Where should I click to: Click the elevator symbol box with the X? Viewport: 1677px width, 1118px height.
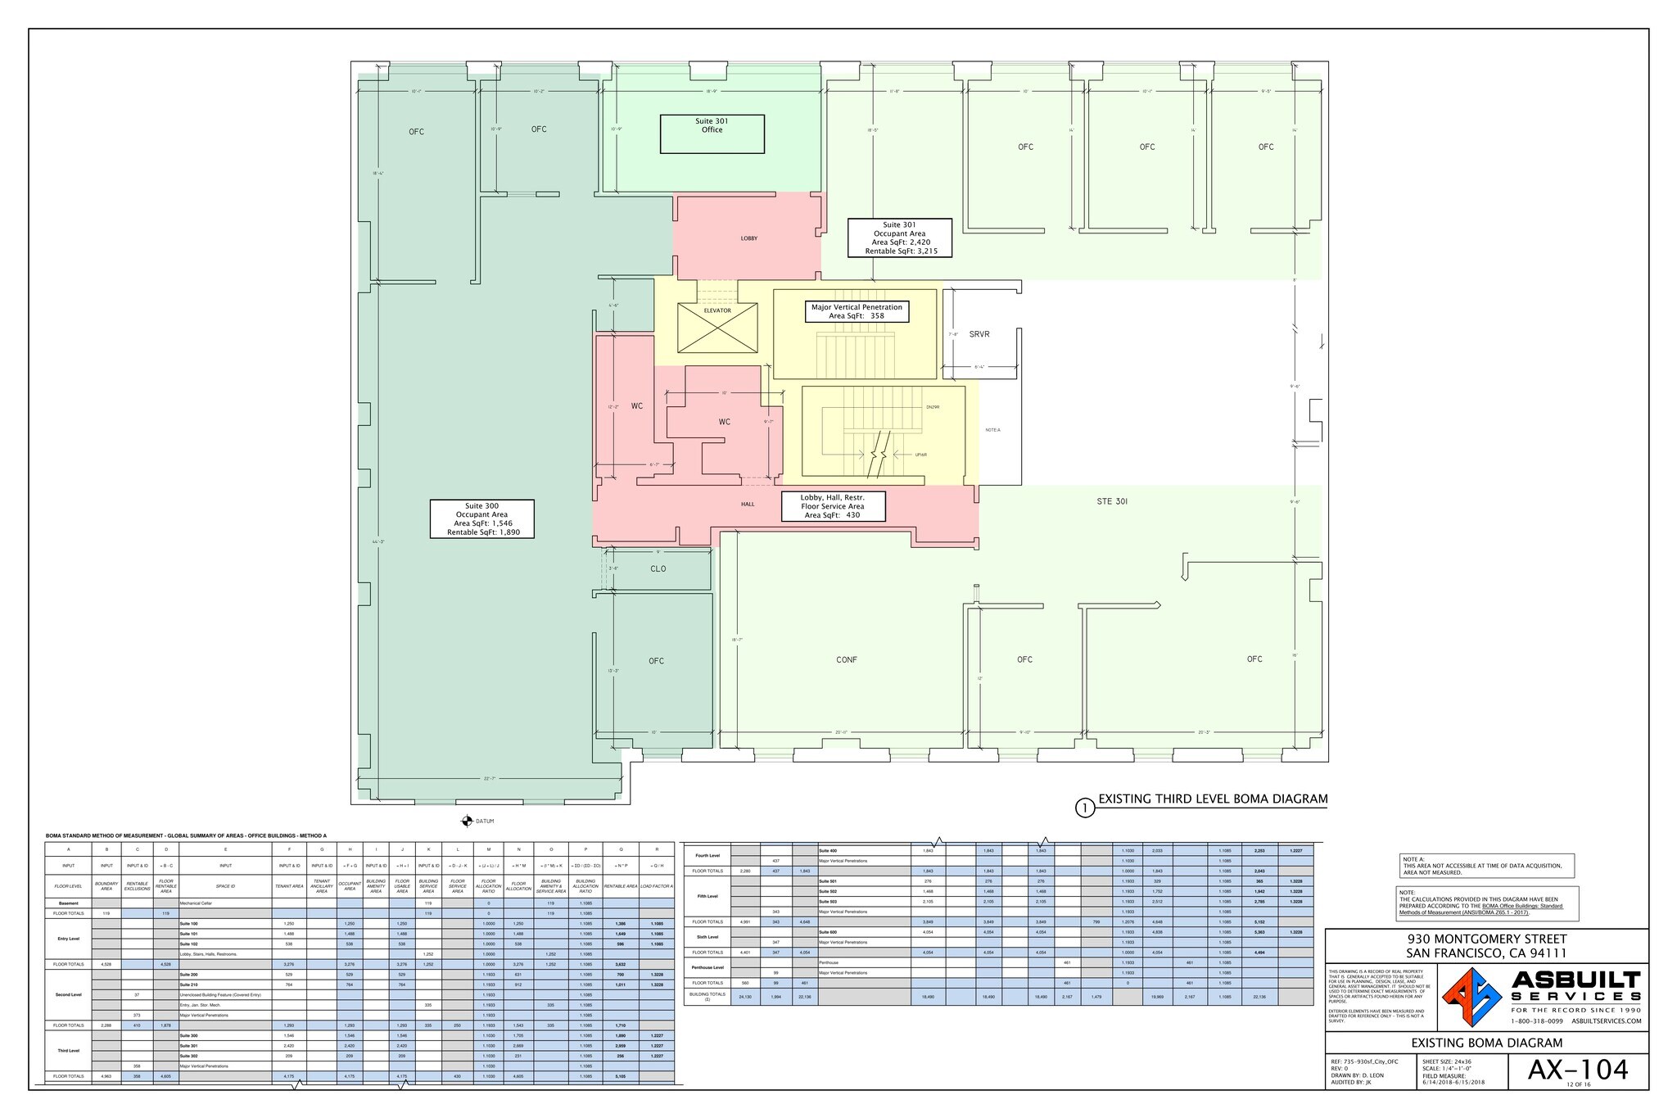click(717, 328)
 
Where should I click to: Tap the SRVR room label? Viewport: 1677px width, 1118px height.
click(979, 334)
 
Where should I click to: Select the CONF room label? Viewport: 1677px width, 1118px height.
click(847, 659)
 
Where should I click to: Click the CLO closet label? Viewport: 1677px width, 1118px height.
click(658, 568)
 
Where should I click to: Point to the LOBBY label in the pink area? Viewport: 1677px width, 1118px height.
click(749, 238)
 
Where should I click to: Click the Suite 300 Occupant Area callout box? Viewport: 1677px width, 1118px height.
click(481, 518)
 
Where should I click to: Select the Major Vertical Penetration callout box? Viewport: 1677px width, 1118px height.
click(857, 311)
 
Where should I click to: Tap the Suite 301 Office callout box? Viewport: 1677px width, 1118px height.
click(712, 134)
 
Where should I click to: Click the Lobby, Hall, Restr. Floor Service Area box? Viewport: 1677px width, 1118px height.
click(832, 506)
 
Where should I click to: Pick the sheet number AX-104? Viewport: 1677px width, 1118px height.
click(1577, 1069)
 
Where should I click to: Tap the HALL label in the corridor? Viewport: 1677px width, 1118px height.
click(748, 505)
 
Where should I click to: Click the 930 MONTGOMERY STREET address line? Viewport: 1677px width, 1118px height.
click(1486, 939)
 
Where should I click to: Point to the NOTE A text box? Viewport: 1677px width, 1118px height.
click(1486, 866)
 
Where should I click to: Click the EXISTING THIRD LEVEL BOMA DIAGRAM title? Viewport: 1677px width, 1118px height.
click(1212, 799)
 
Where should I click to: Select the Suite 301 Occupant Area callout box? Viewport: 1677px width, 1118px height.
click(899, 238)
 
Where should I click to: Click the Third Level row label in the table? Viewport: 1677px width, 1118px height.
click(69, 1051)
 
